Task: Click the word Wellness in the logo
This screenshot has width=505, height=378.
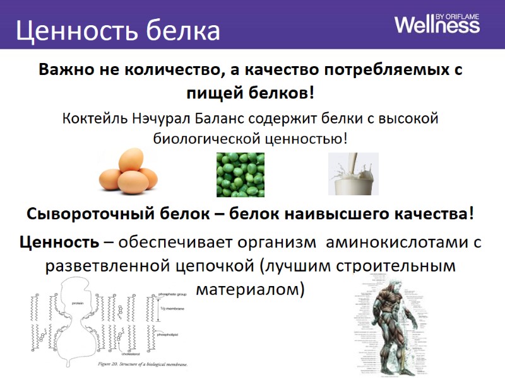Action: (x=437, y=25)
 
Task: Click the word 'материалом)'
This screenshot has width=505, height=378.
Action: (x=251, y=289)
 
